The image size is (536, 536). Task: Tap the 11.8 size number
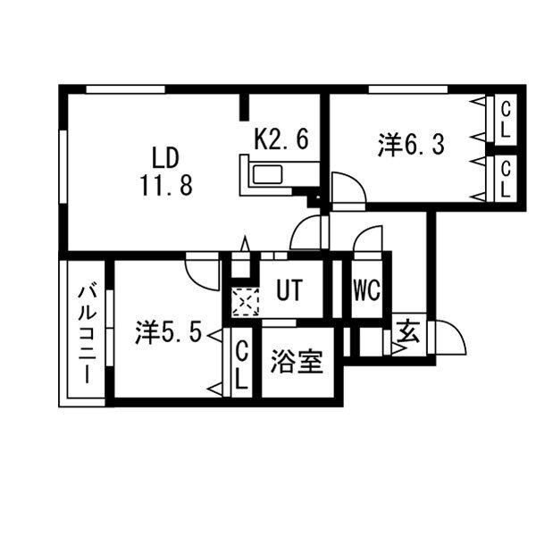[x=166, y=185]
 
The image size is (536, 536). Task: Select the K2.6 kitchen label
[x=281, y=139]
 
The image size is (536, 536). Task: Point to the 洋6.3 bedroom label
[x=411, y=146]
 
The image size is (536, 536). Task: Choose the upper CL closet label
[x=506, y=120]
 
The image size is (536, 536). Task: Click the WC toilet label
[x=366, y=290]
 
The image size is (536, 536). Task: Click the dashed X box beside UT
[x=244, y=301]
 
